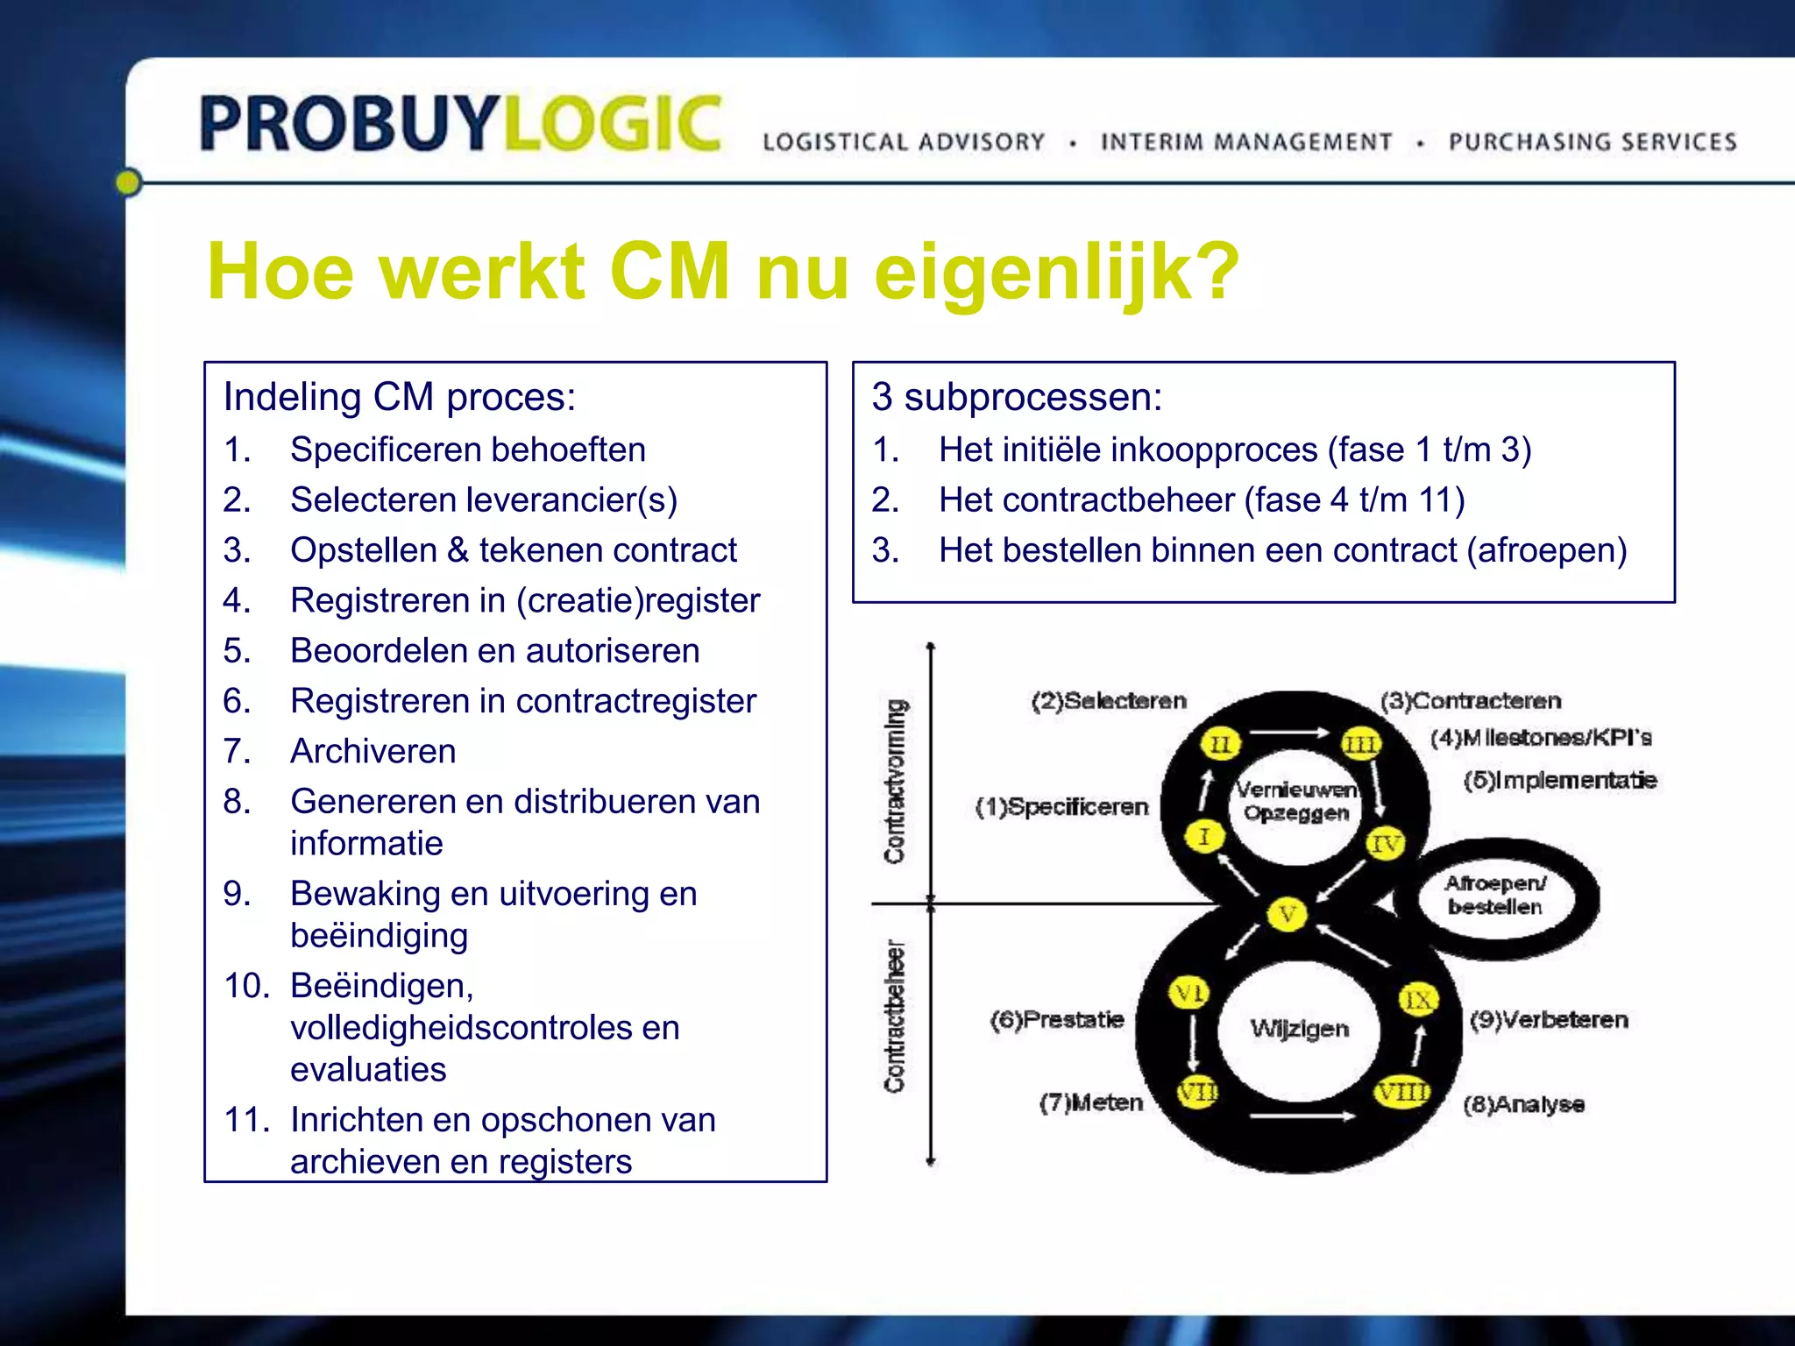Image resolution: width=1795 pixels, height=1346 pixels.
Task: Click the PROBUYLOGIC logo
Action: (x=461, y=124)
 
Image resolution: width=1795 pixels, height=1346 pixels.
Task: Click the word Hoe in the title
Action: (x=280, y=272)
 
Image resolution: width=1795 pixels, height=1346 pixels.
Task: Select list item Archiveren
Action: (x=372, y=751)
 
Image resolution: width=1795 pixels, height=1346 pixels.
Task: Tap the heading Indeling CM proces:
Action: (x=400, y=397)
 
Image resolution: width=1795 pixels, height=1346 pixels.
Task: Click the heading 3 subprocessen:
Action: (x=1017, y=397)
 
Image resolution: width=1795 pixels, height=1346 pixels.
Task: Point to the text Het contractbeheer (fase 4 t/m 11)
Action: (x=1201, y=499)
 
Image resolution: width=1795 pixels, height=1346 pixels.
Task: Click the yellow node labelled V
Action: (x=1287, y=915)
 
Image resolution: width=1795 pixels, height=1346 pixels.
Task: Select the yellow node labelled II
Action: (x=1220, y=745)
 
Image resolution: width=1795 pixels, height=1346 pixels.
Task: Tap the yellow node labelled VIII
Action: (x=1401, y=1092)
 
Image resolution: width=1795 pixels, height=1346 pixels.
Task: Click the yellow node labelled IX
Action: (x=1417, y=1000)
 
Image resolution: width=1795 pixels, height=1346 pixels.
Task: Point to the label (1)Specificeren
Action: (x=1061, y=807)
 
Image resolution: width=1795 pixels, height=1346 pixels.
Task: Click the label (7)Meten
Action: (x=1091, y=1102)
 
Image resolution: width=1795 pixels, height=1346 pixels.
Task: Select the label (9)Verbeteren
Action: (x=1549, y=1020)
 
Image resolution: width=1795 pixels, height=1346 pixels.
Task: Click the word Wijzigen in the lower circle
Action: (x=1299, y=1028)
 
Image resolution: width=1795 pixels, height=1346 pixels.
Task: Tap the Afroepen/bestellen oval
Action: (x=1495, y=896)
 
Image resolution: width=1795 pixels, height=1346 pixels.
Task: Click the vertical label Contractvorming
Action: (x=895, y=780)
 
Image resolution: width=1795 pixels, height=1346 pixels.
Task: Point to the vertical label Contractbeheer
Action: (x=894, y=1017)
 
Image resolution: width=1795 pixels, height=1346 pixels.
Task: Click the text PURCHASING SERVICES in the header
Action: (x=1592, y=142)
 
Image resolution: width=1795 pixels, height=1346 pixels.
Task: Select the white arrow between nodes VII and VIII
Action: (x=1302, y=1116)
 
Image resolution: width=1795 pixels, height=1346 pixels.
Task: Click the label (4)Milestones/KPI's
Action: (x=1540, y=738)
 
